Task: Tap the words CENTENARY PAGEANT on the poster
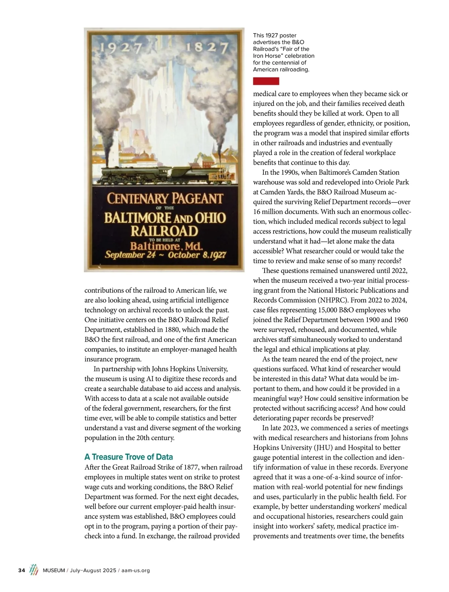(165, 199)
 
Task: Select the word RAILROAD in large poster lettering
(164, 231)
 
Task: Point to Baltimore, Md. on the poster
(166, 246)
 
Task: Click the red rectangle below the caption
(266, 81)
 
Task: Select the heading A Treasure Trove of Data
(129, 457)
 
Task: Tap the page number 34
(22, 570)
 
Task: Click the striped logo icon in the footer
(34, 570)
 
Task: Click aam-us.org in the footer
(135, 571)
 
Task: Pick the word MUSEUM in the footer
(54, 571)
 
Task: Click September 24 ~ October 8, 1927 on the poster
(165, 255)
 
